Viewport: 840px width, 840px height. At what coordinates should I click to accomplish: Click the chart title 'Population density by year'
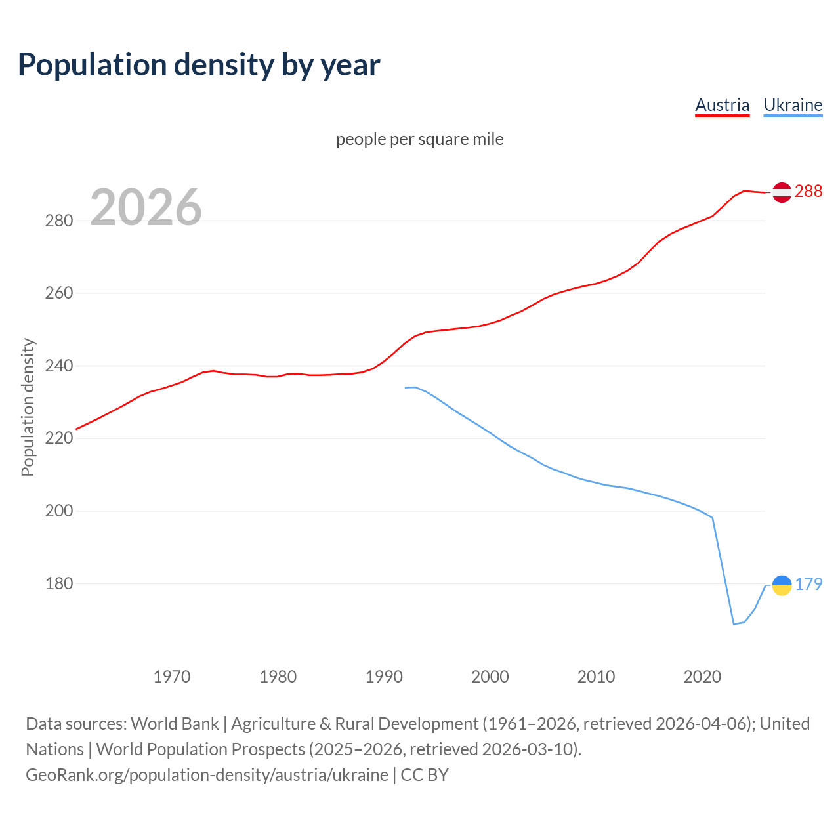(x=199, y=65)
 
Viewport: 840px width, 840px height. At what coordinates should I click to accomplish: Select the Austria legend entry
(x=722, y=105)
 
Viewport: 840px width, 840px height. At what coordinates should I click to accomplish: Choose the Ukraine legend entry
(x=793, y=105)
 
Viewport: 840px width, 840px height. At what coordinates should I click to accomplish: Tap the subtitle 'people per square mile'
(x=419, y=139)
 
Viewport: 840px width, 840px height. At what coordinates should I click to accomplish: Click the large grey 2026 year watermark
(x=146, y=207)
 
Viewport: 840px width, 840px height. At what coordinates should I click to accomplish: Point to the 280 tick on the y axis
(x=58, y=220)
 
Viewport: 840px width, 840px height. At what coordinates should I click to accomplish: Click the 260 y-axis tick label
(x=58, y=293)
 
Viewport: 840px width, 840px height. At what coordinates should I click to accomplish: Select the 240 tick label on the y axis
(x=58, y=366)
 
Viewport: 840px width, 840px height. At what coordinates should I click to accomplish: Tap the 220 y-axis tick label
(x=58, y=438)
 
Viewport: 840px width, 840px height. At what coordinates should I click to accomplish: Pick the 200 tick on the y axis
(x=58, y=511)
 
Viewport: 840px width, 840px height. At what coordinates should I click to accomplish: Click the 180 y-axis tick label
(x=58, y=583)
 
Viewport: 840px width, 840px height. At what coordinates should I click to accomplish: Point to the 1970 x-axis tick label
(x=172, y=677)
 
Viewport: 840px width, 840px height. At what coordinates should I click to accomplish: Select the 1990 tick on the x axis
(x=384, y=677)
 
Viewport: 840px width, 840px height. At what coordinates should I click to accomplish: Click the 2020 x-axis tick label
(x=702, y=677)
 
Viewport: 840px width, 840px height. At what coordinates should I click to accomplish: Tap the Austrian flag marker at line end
(x=782, y=192)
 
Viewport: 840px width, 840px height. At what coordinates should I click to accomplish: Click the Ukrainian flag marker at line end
(x=782, y=584)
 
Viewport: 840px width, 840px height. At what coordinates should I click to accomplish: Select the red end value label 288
(x=808, y=191)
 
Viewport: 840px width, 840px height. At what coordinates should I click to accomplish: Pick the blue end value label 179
(x=808, y=584)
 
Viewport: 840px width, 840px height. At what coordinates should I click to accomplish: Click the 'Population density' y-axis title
(x=28, y=407)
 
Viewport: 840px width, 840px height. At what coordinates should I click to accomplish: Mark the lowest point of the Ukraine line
(x=734, y=624)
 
